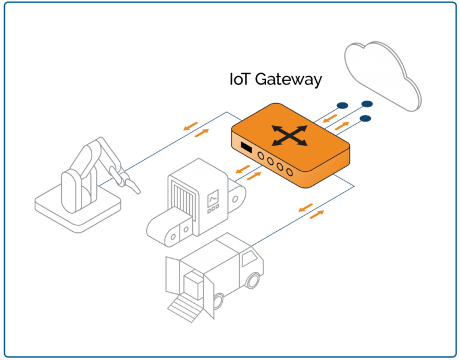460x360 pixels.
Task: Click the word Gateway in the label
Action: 289,80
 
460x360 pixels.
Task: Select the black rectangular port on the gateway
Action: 245,147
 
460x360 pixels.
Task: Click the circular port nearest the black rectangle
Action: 261,154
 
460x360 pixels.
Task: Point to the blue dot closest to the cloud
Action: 366,104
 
